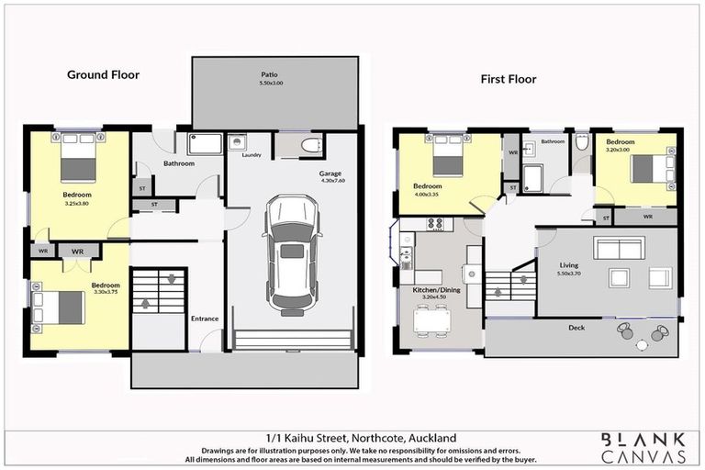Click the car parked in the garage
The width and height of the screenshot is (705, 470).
[x=291, y=254]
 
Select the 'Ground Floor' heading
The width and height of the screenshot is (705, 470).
[x=103, y=74]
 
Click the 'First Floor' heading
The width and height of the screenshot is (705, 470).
[x=509, y=79]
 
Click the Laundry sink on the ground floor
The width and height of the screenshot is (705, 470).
[x=237, y=143]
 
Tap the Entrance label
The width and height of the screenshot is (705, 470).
[x=204, y=319]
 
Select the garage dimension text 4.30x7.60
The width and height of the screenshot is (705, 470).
[x=332, y=181]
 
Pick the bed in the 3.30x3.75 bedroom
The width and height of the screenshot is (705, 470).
[x=60, y=307]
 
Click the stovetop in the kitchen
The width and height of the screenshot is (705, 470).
[x=434, y=223]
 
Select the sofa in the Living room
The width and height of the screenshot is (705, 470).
[x=619, y=248]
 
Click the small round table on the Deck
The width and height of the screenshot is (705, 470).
[x=641, y=344]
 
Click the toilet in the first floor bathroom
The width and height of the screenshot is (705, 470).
[x=581, y=143]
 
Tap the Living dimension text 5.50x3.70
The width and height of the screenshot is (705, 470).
[x=570, y=274]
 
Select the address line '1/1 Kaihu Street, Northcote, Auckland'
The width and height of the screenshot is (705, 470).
[x=352, y=438]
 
